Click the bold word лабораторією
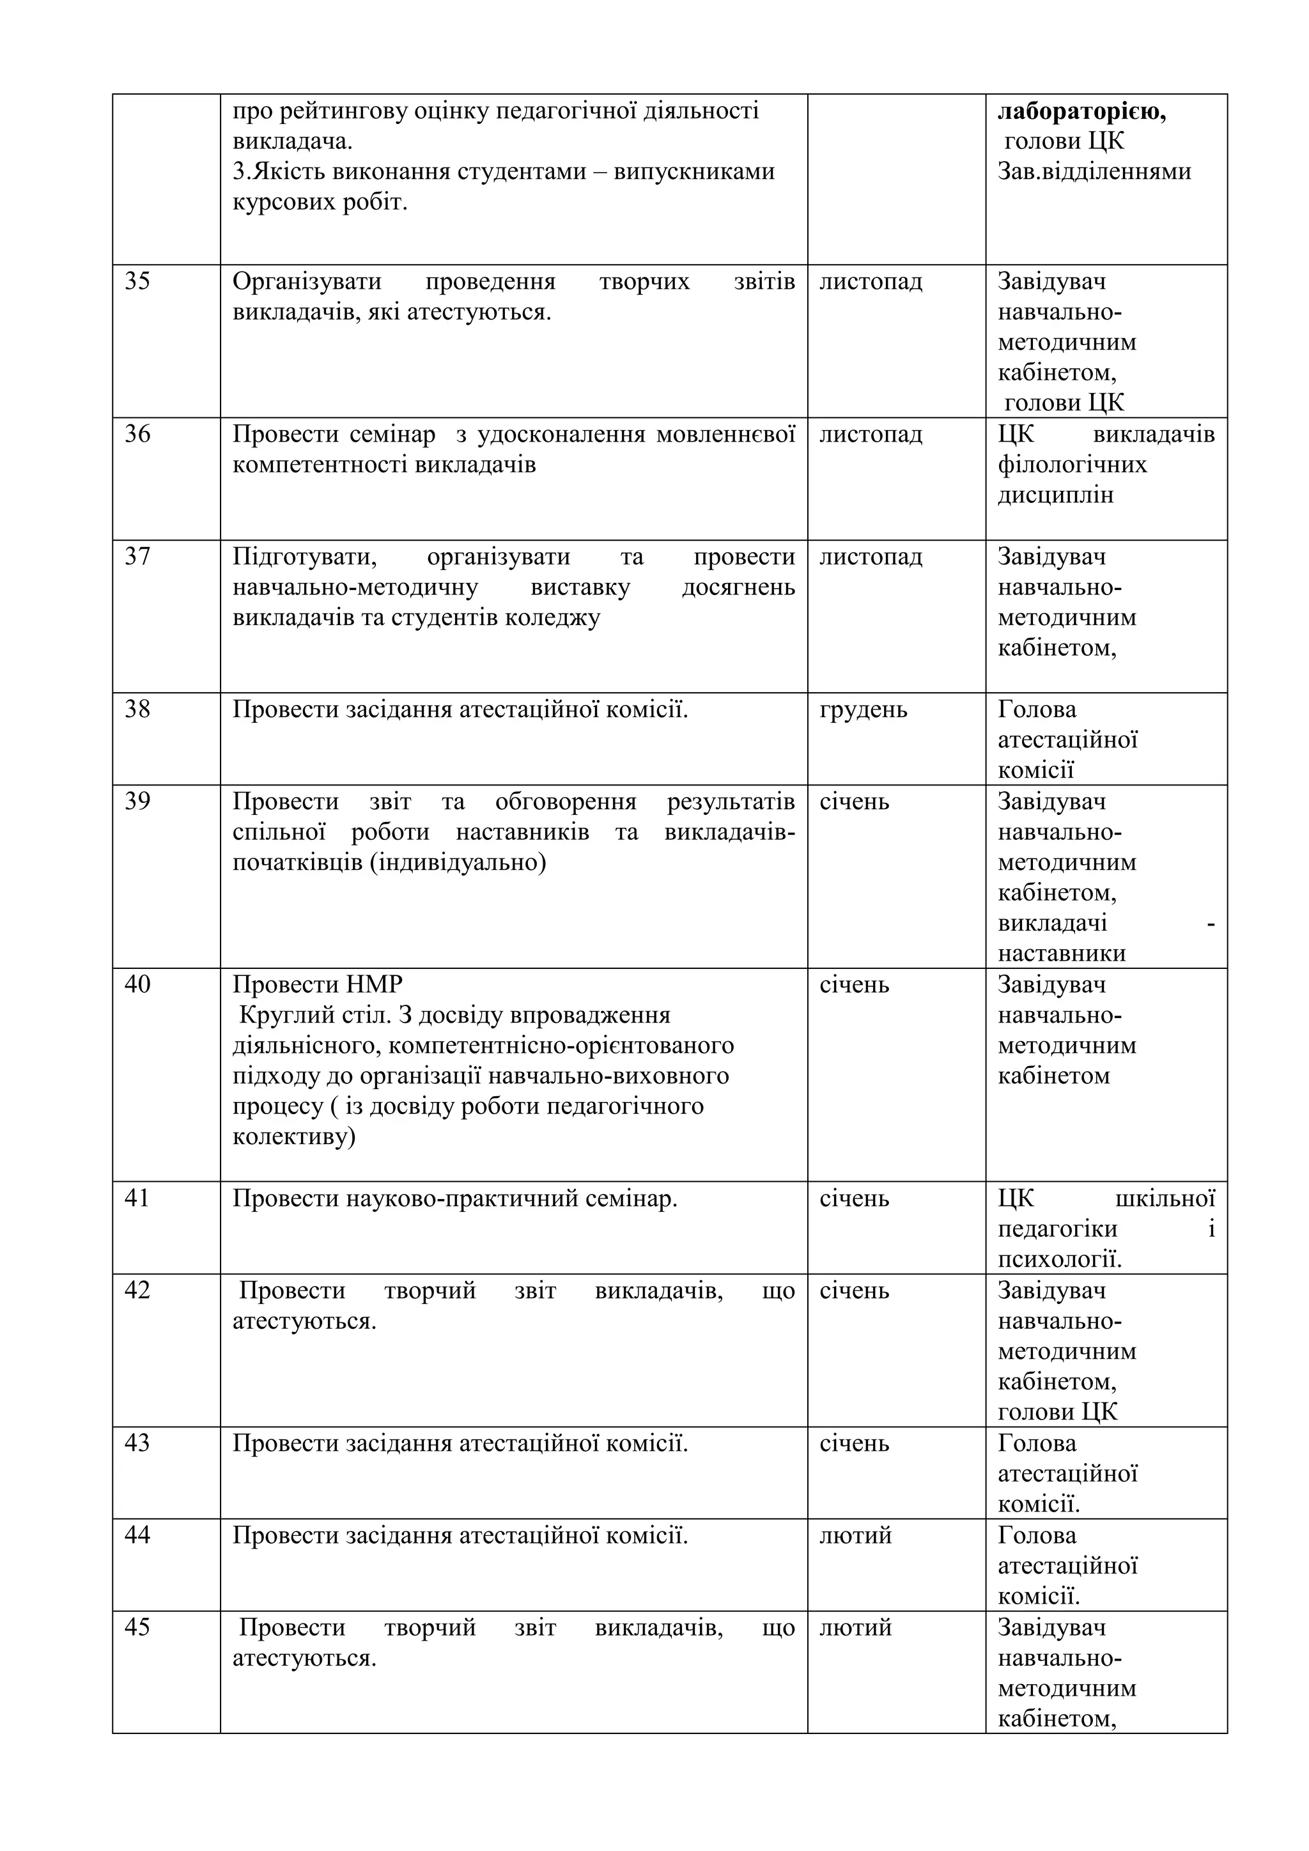[x=1081, y=111]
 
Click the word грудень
[x=864, y=710]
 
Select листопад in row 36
[x=871, y=435]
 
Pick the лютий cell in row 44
[x=855, y=1536]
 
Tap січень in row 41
[x=855, y=1199]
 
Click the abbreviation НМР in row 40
[x=374, y=985]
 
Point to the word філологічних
[x=1072, y=465]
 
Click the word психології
[x=1059, y=1260]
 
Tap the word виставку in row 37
[x=580, y=588]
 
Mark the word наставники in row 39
[x=1062, y=954]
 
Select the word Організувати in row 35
[x=307, y=282]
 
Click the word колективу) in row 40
[x=293, y=1138]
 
